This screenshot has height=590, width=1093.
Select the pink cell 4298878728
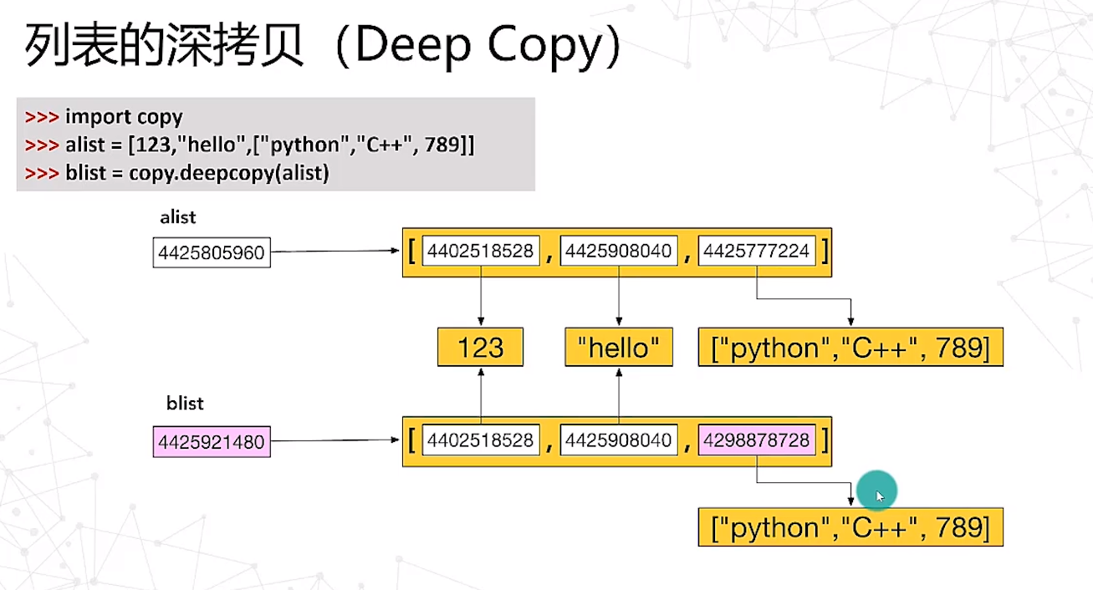click(757, 440)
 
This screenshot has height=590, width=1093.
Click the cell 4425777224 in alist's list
click(757, 252)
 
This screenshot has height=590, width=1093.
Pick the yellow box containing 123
click(481, 348)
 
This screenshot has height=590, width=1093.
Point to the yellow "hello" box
click(619, 348)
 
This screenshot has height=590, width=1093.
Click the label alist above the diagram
click(177, 217)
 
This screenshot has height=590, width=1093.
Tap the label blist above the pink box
click(185, 404)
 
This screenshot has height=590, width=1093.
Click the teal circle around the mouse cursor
click(876, 491)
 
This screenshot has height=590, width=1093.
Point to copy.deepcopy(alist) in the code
click(229, 174)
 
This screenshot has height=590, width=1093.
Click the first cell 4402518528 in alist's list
click(481, 252)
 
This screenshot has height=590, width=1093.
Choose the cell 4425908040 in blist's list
click(619, 440)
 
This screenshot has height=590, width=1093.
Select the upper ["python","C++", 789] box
click(850, 348)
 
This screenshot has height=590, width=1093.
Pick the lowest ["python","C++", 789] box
click(850, 528)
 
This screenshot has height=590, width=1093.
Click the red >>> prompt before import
click(42, 118)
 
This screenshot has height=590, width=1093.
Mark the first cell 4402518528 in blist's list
click(481, 440)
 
